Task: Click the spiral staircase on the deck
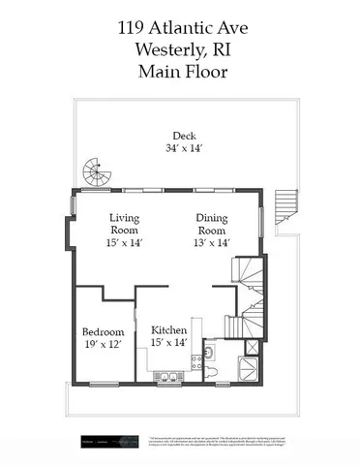(95, 174)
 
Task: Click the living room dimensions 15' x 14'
(125, 245)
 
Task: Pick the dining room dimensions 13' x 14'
(212, 245)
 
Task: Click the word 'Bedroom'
(102, 328)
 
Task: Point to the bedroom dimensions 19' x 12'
(102, 343)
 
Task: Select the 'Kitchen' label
(168, 328)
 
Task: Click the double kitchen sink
(165, 377)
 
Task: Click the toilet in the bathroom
(215, 372)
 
